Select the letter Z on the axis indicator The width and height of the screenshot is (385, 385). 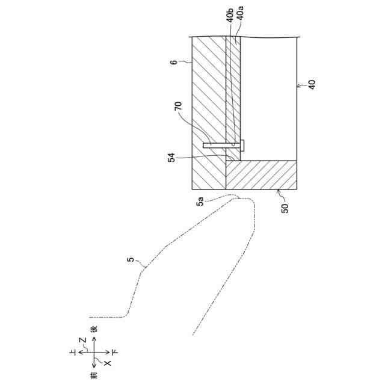[83, 340]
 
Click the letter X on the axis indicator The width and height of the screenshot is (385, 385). [108, 363]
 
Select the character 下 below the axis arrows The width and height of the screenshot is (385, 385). [115, 352]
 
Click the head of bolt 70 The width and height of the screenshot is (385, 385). [242, 144]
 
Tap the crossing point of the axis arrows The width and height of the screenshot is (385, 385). [94, 352]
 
